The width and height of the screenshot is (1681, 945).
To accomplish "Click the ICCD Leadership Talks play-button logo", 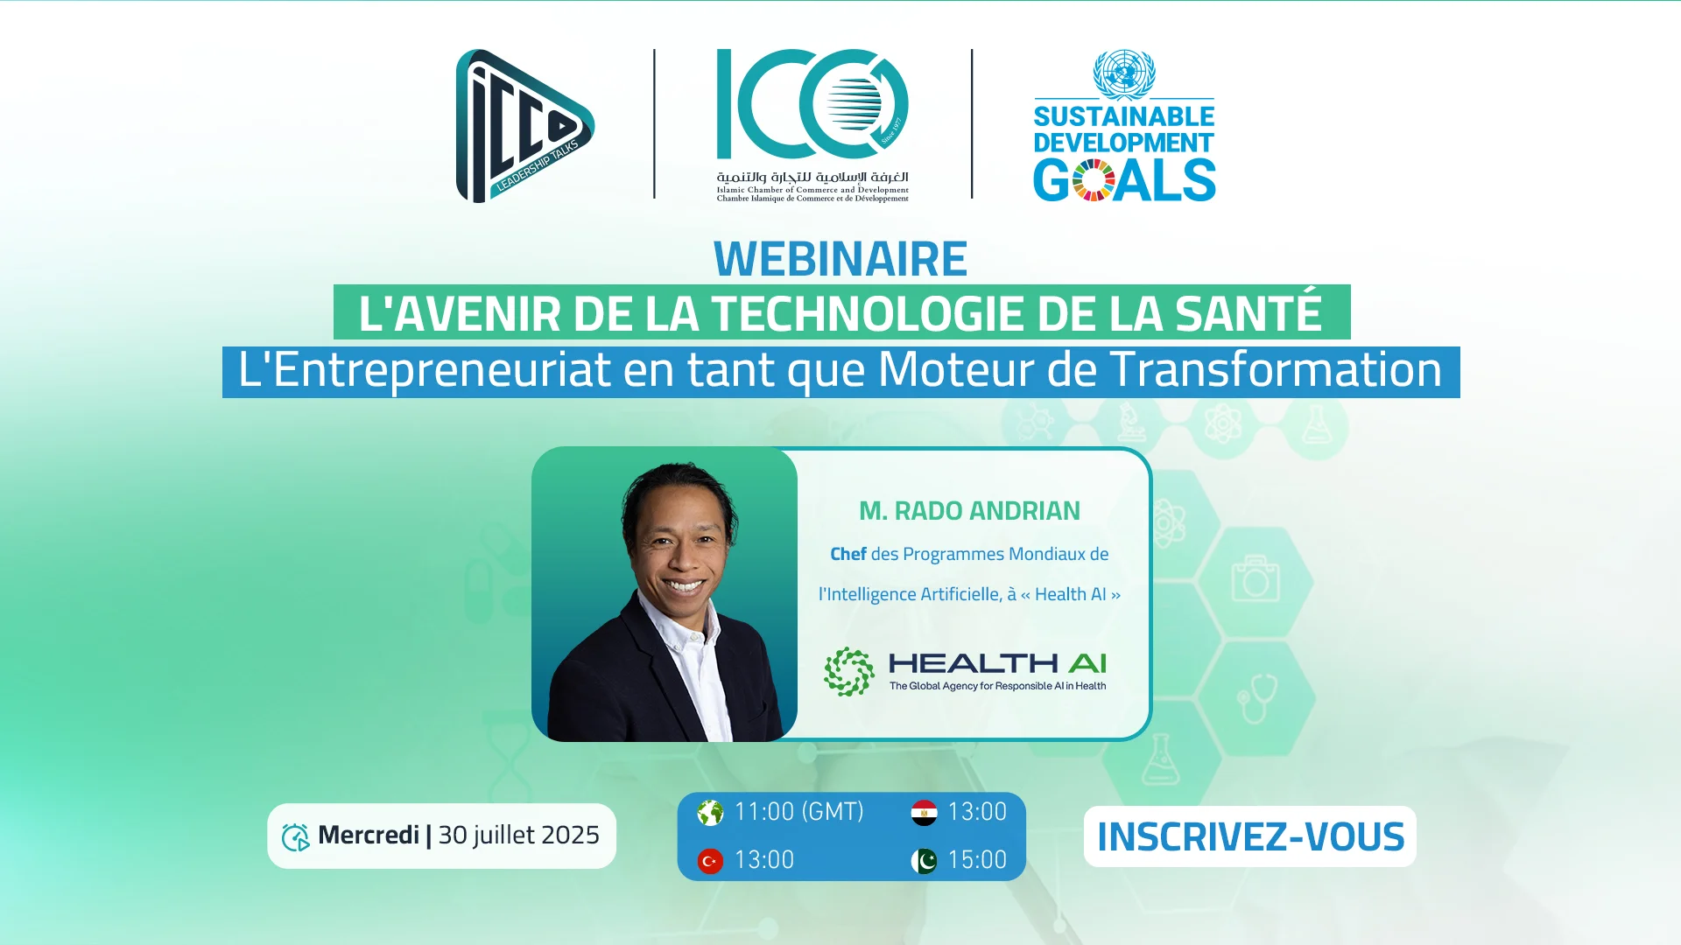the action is (x=524, y=126).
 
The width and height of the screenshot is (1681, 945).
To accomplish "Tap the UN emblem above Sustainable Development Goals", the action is (x=1124, y=73).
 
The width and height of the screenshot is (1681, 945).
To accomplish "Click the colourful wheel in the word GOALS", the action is (x=1093, y=180).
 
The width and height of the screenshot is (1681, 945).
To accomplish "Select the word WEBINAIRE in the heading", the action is (x=840, y=259).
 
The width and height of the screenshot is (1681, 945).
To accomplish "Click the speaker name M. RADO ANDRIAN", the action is (x=969, y=511).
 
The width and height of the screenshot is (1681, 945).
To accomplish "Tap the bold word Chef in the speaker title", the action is (x=848, y=554).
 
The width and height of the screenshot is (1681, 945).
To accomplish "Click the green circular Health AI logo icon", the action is (x=848, y=672).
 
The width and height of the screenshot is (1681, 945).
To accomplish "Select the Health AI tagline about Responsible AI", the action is (x=997, y=686).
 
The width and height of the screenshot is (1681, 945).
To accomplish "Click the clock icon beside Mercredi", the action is (x=295, y=837).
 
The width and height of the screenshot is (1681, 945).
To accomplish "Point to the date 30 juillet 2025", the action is (x=518, y=835).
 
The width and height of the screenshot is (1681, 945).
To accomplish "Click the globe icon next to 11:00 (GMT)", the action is (x=710, y=813).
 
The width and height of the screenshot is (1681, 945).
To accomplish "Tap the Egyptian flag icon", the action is (x=924, y=813).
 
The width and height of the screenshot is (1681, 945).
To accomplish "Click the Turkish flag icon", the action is (x=710, y=861).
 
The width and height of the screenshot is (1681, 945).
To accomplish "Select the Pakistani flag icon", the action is (x=924, y=861).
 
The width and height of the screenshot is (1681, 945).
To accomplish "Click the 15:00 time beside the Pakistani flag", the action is (x=977, y=860).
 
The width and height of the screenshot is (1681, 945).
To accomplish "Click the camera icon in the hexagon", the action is (x=1255, y=578).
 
